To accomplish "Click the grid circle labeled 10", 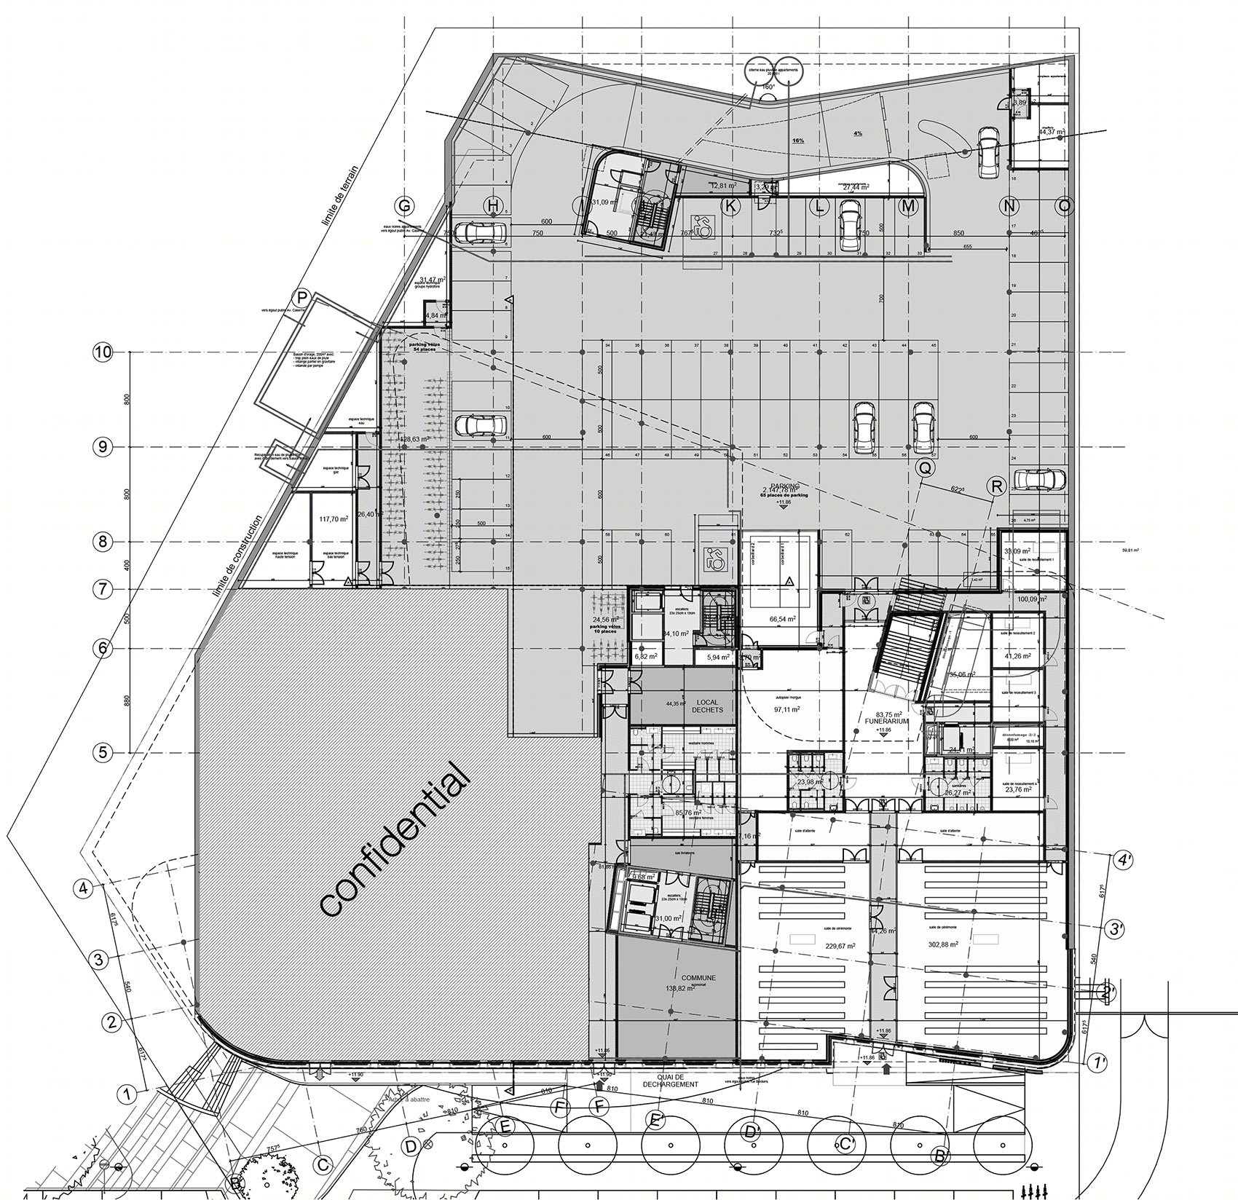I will tap(103, 352).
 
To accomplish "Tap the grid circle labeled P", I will tap(300, 296).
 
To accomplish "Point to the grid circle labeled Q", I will tap(925, 470).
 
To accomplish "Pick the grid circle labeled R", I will tap(996, 487).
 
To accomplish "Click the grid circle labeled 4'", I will tap(1124, 860).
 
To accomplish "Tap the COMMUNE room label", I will tap(698, 978).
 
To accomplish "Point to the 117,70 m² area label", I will tap(334, 519).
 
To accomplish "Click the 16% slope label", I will tap(798, 141).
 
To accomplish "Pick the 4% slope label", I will tap(857, 134).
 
